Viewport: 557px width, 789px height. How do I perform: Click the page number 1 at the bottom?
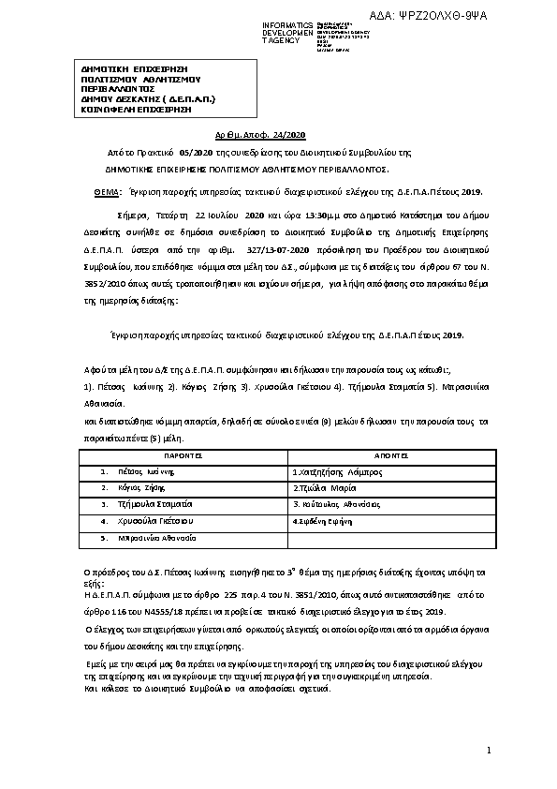(488, 749)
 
